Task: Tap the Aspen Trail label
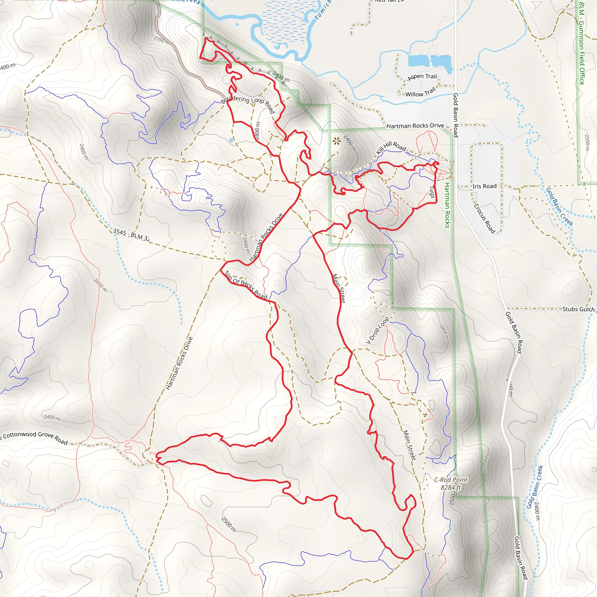(422, 77)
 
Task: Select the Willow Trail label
(420, 92)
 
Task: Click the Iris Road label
(484, 186)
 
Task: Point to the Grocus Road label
(484, 218)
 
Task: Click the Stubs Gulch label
(578, 309)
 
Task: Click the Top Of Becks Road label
(246, 285)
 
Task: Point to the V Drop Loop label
(377, 330)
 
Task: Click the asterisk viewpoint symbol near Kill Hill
(336, 141)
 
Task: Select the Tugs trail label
(432, 192)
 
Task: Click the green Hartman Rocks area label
(447, 205)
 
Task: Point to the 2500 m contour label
(229, 524)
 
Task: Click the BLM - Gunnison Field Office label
(582, 43)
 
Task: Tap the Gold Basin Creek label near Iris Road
(559, 206)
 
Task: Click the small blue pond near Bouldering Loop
(231, 140)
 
